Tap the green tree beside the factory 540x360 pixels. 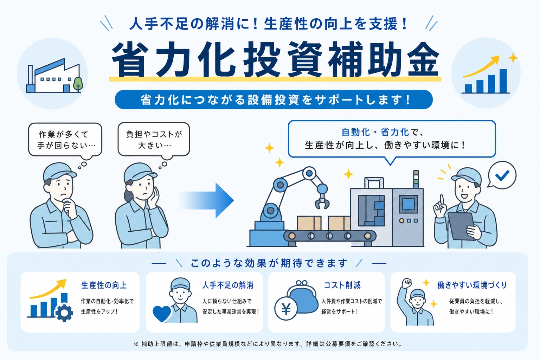coord(78,84)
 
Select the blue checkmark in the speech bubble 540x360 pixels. coord(502,175)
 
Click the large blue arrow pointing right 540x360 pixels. coord(207,200)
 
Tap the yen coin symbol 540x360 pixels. coord(286,309)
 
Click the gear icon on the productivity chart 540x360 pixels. coord(64,313)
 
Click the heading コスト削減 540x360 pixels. coord(342,285)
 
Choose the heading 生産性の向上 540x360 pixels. coord(104,285)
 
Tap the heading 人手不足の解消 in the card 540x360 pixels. coord(228,285)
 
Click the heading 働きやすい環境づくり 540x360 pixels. coord(472,285)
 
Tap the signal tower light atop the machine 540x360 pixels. coord(416,179)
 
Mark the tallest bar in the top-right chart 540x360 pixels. coord(503,81)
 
